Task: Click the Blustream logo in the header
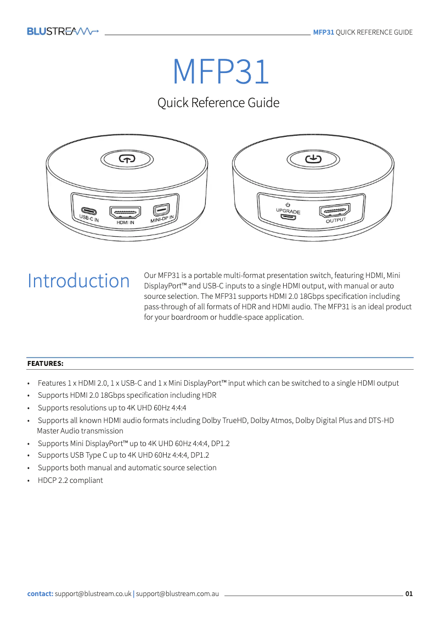[63, 32]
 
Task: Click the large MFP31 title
[221, 72]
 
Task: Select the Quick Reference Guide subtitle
[218, 103]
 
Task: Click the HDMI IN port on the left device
[125, 212]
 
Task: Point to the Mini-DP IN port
[161, 210]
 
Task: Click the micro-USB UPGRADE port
[288, 216]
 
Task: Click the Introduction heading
[78, 281]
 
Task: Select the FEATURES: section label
[46, 364]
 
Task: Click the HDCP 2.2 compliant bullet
[70, 480]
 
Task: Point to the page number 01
[409, 594]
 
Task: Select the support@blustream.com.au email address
[178, 594]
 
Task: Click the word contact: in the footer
[40, 594]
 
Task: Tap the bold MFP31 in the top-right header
[323, 32]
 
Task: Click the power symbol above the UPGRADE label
[288, 205]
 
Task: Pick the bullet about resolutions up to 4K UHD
[112, 408]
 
